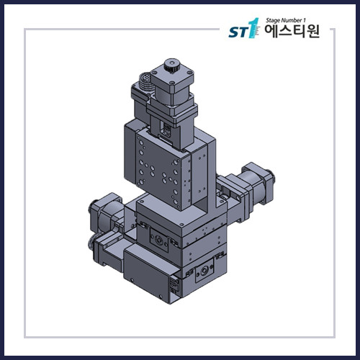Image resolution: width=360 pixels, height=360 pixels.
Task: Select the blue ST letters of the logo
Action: (237, 33)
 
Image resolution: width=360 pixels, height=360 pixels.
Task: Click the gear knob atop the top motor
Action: (171, 66)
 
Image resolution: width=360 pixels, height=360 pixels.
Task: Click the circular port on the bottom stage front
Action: (203, 272)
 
